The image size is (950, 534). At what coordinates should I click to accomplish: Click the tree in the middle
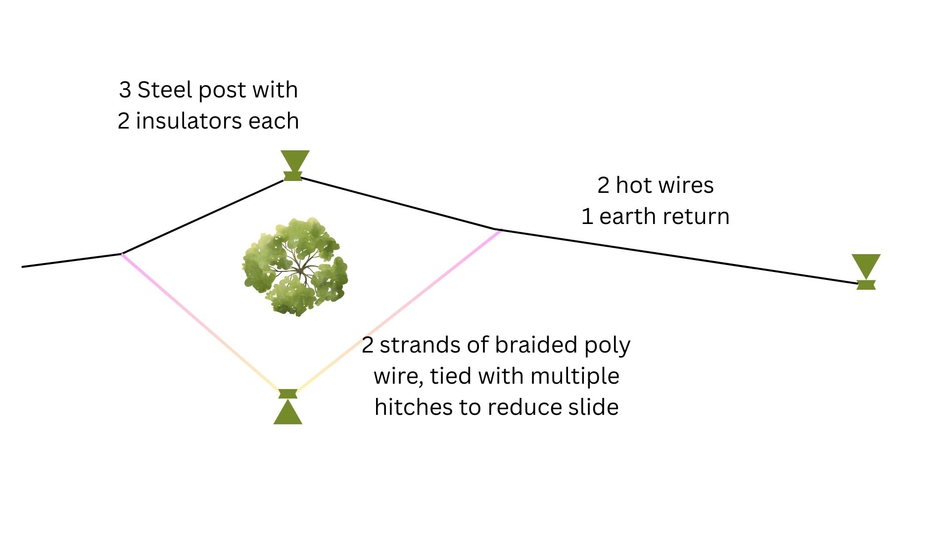[x=295, y=267]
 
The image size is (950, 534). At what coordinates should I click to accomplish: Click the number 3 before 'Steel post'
[x=125, y=90]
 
